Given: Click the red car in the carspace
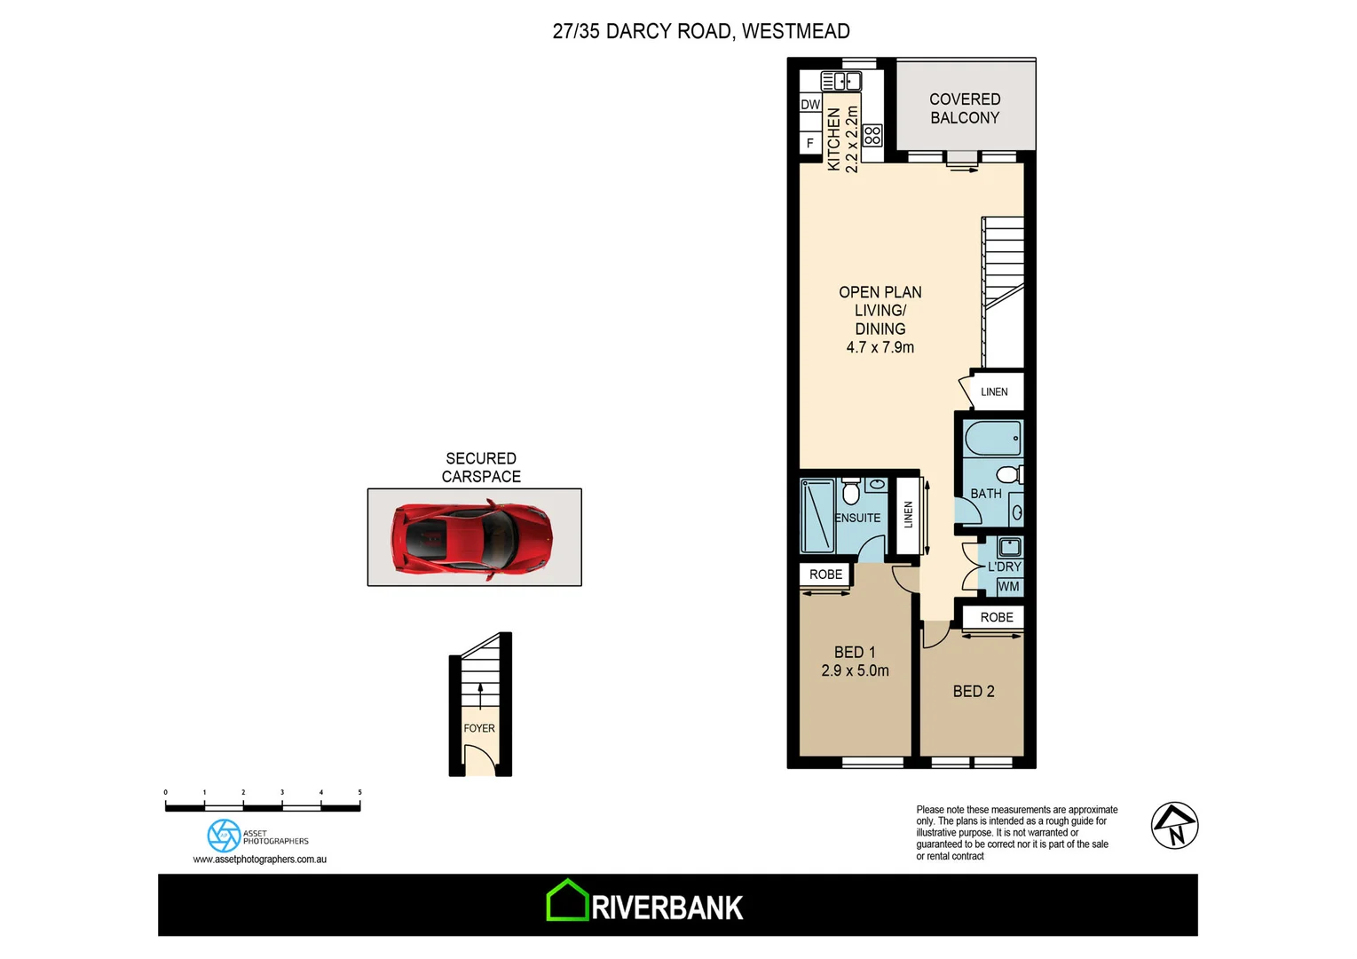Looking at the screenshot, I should click(472, 538).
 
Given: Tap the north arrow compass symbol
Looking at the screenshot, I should click(1174, 826).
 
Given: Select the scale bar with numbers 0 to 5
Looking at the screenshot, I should click(263, 805).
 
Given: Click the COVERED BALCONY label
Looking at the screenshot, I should click(965, 108).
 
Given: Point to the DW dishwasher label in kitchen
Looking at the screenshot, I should click(810, 105).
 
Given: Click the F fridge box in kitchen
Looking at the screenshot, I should click(810, 142).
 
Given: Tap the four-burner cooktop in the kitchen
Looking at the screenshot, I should click(872, 135).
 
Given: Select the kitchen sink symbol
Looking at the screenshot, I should click(841, 82).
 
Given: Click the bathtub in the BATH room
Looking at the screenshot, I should click(992, 439).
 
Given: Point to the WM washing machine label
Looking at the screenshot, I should click(1008, 587).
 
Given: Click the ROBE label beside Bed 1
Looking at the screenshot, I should click(825, 575).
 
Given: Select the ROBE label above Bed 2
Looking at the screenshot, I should click(997, 617).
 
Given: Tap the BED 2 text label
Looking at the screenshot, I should click(974, 691).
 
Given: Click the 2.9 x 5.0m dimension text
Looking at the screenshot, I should click(855, 671).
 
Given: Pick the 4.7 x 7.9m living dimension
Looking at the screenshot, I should click(880, 347).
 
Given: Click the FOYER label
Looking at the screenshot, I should click(479, 728).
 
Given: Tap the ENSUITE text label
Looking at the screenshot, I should click(857, 518).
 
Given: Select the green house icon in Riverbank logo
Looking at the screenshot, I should click(567, 900).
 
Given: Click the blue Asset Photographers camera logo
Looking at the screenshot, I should click(224, 836).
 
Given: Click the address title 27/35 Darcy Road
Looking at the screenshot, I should click(700, 31).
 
